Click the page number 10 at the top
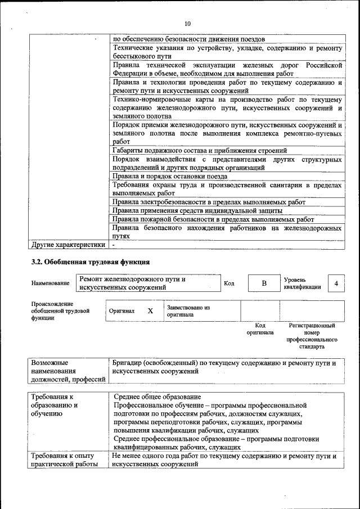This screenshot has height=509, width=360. [x=187, y=23]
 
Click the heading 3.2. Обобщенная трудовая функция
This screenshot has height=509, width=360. [x=89, y=262]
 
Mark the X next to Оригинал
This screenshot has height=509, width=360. [x=150, y=311]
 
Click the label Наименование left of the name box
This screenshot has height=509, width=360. [x=51, y=283]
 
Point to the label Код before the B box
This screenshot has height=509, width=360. [x=229, y=283]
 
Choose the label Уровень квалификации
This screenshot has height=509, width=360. [x=302, y=283]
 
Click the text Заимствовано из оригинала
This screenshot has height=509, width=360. [x=188, y=311]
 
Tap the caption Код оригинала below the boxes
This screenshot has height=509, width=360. [x=260, y=329]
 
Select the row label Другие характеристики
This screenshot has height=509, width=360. [x=68, y=245]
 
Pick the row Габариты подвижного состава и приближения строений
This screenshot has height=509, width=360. [x=200, y=150]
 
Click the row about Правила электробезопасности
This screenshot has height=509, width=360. [x=209, y=202]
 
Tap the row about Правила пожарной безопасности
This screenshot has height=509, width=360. [x=213, y=219]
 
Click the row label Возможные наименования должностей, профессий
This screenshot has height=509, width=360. [x=68, y=371]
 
